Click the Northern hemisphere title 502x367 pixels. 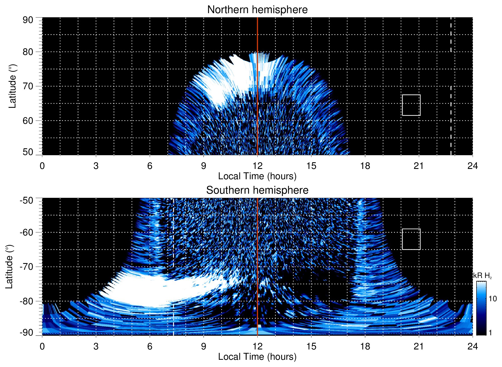(257, 10)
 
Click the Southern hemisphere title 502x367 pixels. (257, 190)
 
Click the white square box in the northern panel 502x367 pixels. (411, 105)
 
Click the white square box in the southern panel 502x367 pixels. (411, 239)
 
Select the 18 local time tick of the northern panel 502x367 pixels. (365, 166)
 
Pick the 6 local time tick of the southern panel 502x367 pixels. (150, 346)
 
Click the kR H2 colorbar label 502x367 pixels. (482, 276)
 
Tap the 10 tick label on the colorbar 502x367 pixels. (492, 299)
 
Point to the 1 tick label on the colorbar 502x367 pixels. (490, 332)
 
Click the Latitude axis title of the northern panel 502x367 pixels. (12, 86)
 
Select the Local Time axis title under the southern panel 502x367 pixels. (257, 357)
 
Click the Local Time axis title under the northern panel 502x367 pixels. (257, 176)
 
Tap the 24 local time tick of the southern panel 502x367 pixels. (472, 346)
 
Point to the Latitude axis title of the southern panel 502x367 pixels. (9, 267)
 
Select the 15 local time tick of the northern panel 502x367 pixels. (311, 166)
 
